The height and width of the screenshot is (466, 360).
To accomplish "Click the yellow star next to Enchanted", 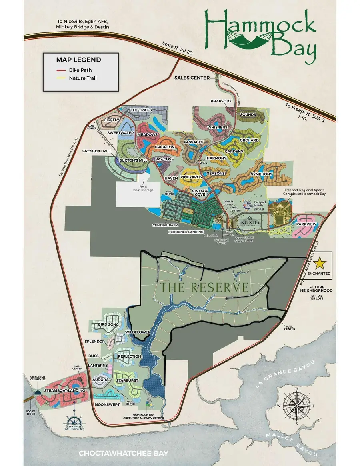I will (x=320, y=263).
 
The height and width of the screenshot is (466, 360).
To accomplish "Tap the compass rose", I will (x=296, y=404).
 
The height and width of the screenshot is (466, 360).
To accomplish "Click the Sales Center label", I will (x=192, y=78).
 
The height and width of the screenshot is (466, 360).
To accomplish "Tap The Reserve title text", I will (x=204, y=287).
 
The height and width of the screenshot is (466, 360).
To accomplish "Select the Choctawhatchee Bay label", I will (x=124, y=454).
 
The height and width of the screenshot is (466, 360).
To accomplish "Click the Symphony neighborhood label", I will (x=261, y=174).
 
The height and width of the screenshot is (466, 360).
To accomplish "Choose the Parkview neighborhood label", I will (x=306, y=224).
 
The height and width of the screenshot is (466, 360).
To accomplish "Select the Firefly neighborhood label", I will (x=112, y=120).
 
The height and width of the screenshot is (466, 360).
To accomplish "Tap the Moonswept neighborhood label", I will (x=108, y=405).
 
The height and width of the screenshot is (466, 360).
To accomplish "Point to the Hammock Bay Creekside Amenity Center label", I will (x=149, y=416).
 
